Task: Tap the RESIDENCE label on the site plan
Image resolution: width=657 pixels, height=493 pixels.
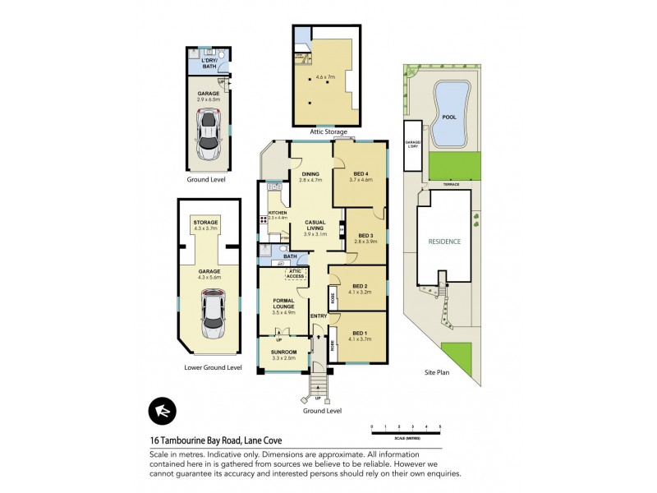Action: (443, 242)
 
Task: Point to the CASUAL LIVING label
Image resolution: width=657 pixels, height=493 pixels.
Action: (315, 226)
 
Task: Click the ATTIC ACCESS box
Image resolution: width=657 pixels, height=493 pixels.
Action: (296, 274)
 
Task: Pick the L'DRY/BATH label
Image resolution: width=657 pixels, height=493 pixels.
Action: (209, 64)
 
